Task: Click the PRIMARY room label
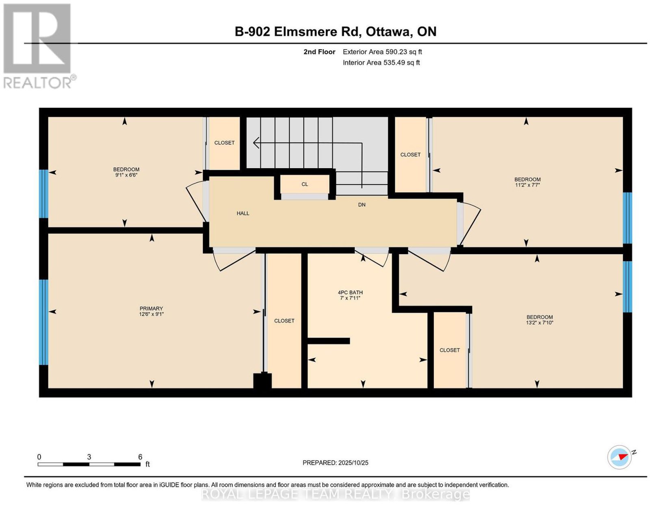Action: click(x=151, y=308)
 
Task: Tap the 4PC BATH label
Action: click(x=350, y=293)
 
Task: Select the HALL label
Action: click(x=243, y=213)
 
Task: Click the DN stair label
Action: click(x=362, y=205)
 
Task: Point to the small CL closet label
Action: click(x=305, y=184)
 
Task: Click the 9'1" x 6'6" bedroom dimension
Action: click(x=126, y=175)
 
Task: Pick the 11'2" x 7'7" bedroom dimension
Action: click(x=527, y=185)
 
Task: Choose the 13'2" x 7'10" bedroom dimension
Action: click(x=539, y=323)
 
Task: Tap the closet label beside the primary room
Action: click(x=284, y=321)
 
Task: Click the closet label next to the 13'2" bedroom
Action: click(x=450, y=350)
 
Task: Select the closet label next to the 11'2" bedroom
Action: click(x=410, y=154)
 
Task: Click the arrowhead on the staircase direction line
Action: click(x=256, y=143)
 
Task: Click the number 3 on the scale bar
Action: click(x=89, y=457)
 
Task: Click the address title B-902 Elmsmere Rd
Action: click(x=298, y=31)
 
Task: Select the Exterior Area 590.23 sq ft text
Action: click(x=382, y=52)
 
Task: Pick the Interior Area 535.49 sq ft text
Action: click(x=381, y=63)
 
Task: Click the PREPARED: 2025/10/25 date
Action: click(x=335, y=463)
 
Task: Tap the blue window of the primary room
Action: click(x=44, y=322)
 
